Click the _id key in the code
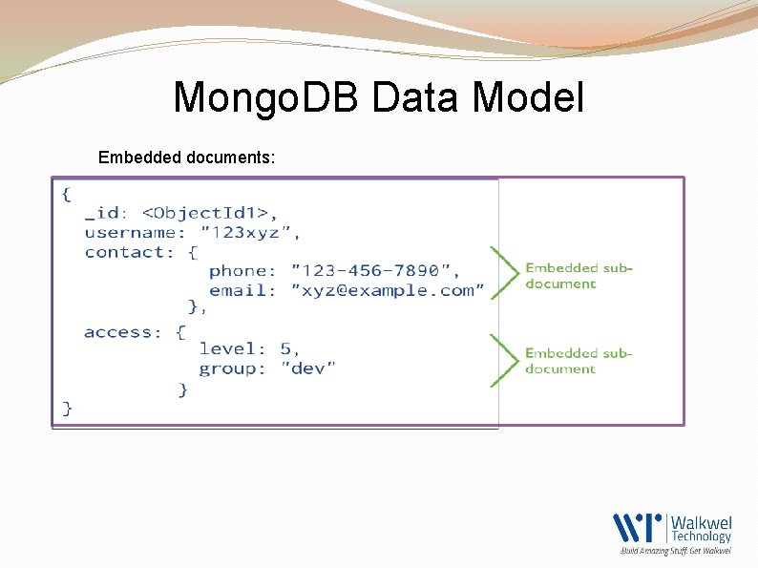[x=105, y=213]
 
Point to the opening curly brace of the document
[x=66, y=194]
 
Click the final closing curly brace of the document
[x=67, y=408]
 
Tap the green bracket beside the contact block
[x=502, y=274]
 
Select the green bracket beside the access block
[x=502, y=360]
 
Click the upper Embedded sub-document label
[x=579, y=276]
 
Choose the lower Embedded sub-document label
[x=579, y=361]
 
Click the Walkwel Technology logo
[x=672, y=532]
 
